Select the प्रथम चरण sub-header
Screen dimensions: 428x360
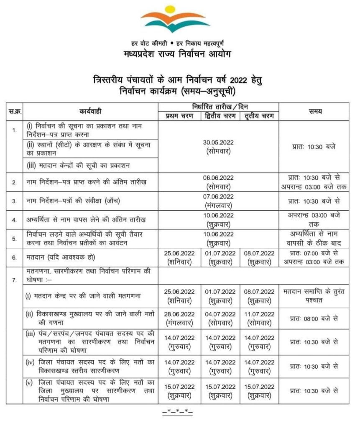179,116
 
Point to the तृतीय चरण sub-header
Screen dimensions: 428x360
259,116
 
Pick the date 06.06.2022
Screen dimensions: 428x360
219,178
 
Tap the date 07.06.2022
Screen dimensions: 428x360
219,196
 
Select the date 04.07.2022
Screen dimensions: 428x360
220,314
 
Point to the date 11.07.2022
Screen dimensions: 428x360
259,314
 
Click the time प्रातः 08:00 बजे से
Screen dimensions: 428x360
314,318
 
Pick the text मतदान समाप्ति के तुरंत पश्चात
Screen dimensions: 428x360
314,295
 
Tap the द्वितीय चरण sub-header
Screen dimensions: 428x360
220,116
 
